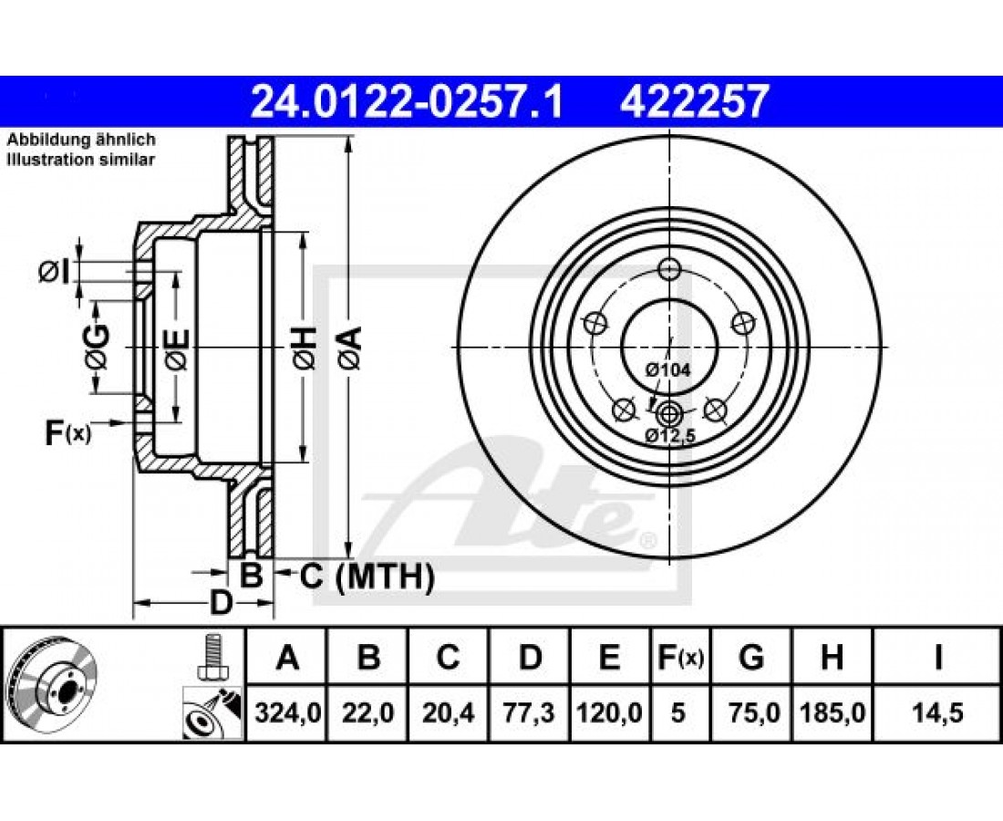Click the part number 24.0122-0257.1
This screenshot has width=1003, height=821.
(x=407, y=101)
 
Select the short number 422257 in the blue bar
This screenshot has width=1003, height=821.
(x=693, y=101)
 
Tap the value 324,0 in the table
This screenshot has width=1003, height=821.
(x=287, y=712)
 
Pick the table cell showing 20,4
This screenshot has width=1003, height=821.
(x=449, y=712)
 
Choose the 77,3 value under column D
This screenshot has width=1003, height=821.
(x=530, y=712)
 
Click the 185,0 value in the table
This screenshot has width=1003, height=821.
(x=832, y=712)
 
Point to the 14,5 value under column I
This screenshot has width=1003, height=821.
(x=937, y=712)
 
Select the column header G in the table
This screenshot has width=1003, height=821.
(x=751, y=657)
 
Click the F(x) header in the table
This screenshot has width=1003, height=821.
(x=680, y=657)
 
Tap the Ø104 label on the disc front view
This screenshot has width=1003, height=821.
(x=667, y=369)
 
